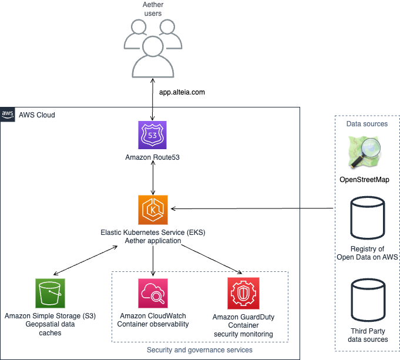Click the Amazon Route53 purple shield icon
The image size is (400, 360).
coord(152,135)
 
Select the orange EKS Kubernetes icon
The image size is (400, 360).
coord(153,210)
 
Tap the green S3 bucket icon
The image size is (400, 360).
coord(50,293)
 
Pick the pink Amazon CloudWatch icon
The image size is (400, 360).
coord(153,293)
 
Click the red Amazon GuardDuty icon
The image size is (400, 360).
coord(243,294)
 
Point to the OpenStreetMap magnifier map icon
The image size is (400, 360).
coord(365,152)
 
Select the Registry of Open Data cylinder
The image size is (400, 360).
coord(367,218)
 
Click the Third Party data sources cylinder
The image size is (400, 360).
coord(368,300)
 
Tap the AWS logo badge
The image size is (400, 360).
coord(8,115)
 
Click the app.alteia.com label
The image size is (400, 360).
coord(182,92)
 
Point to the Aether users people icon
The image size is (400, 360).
coord(153,49)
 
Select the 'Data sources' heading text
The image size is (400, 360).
coord(367,124)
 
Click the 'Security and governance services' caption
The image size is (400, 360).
coord(200,350)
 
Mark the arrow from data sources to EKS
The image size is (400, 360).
coord(252,208)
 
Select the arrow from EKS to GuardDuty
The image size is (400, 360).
coord(211,259)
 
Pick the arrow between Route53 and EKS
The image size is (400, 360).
coord(153,178)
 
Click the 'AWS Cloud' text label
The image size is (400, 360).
coord(37,115)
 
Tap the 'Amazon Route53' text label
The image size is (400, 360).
coord(152,157)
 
